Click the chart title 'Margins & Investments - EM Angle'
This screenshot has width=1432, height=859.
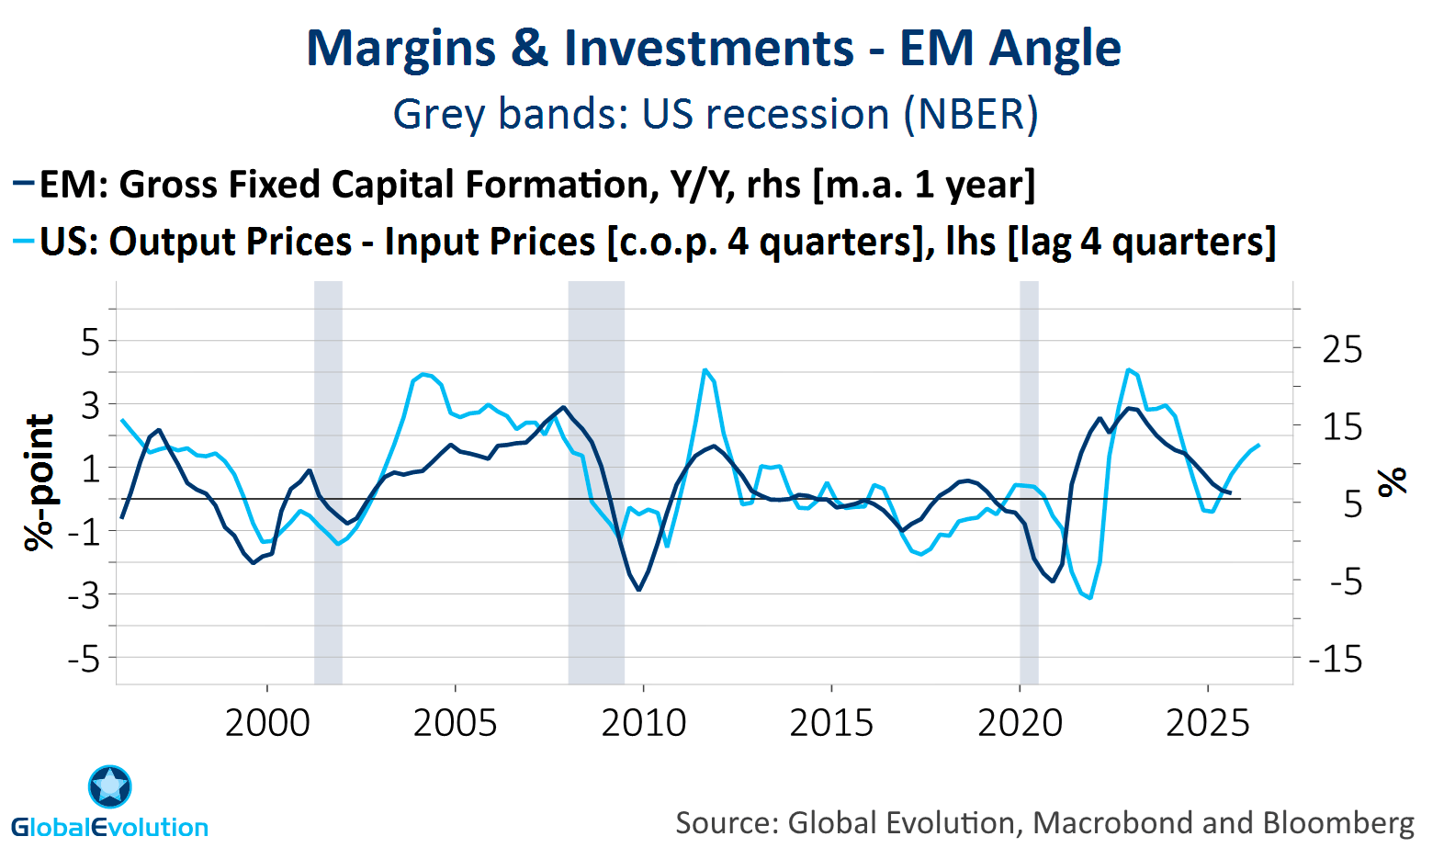pos(713,49)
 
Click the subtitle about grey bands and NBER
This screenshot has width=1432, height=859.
pos(716,115)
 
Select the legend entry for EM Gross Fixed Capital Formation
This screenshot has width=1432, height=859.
pos(537,185)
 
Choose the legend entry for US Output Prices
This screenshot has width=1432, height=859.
pos(657,242)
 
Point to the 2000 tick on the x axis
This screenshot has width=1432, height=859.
pos(267,723)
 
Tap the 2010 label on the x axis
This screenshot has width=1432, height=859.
pos(643,723)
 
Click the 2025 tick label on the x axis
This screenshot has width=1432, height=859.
pos(1207,723)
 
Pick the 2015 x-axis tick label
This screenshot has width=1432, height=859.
pos(831,723)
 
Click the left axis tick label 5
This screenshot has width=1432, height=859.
pos(90,343)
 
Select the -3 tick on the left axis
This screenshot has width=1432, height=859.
pos(83,595)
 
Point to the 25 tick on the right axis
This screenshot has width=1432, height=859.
pos(1342,350)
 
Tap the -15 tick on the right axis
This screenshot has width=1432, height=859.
pos(1336,659)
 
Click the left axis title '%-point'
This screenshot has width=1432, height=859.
pos(39,482)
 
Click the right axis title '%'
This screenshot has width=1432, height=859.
pos(1393,481)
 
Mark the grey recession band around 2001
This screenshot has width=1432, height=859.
pos(328,482)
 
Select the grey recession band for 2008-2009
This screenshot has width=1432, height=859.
pos(596,482)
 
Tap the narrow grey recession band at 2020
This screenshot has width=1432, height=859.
pos(1029,482)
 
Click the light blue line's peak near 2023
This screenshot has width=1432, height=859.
pos(1128,369)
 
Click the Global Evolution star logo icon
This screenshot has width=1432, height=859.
pos(110,786)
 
